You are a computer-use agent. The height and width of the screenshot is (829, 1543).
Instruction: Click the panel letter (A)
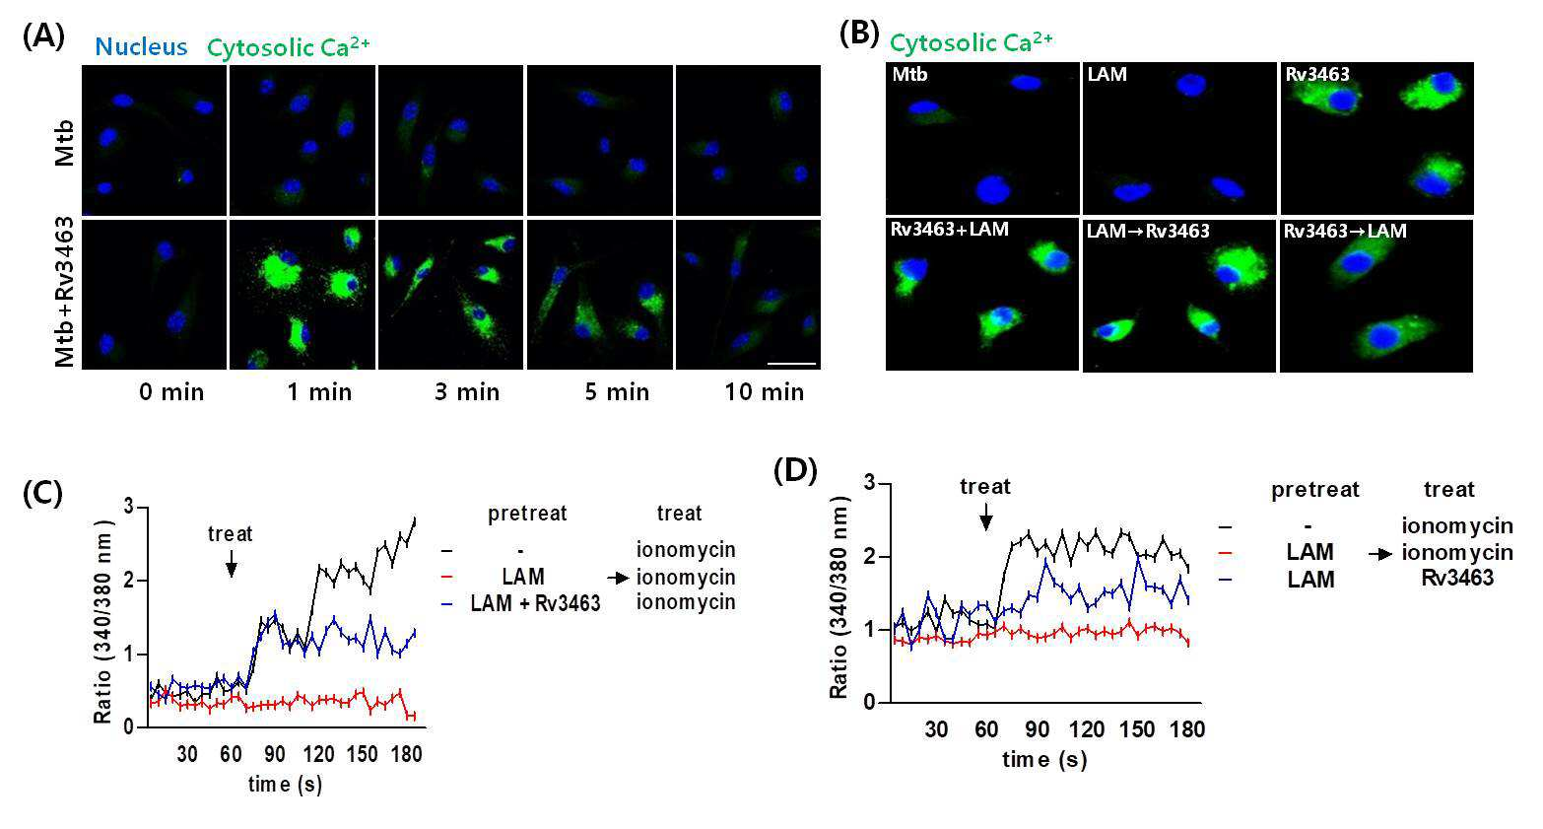coord(43,36)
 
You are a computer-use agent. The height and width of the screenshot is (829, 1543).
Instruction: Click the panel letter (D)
coord(795,472)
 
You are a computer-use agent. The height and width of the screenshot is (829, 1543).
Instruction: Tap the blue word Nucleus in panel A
coord(141,47)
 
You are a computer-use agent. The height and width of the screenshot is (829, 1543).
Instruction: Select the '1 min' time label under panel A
coord(319,392)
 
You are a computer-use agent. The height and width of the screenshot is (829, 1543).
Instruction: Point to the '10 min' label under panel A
coord(764,392)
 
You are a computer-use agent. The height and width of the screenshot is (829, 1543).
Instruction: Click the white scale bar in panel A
coord(791,363)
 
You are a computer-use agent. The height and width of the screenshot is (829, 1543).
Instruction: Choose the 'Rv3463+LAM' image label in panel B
coord(949,230)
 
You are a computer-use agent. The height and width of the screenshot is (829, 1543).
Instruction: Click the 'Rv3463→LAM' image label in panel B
coord(1345,231)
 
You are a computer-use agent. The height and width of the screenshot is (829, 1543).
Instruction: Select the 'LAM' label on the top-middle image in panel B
coord(1107,74)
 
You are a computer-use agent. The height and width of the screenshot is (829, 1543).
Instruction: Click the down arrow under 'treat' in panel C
coord(232,563)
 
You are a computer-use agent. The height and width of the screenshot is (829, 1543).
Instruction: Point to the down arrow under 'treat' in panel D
coord(985,517)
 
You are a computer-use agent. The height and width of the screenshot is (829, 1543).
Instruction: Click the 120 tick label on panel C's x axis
coord(318,754)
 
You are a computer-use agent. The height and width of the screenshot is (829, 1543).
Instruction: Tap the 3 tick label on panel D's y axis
coord(869,483)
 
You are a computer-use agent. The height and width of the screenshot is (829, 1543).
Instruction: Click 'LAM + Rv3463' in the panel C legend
coord(535,603)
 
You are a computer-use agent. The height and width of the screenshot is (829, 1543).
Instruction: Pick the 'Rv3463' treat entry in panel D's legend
coord(1457,578)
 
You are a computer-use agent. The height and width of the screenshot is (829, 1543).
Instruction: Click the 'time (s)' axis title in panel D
coord(1044,759)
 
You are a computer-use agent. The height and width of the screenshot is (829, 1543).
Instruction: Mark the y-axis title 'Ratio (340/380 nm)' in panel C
coord(103,623)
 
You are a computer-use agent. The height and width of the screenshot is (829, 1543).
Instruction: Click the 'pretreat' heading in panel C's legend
coord(527,514)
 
